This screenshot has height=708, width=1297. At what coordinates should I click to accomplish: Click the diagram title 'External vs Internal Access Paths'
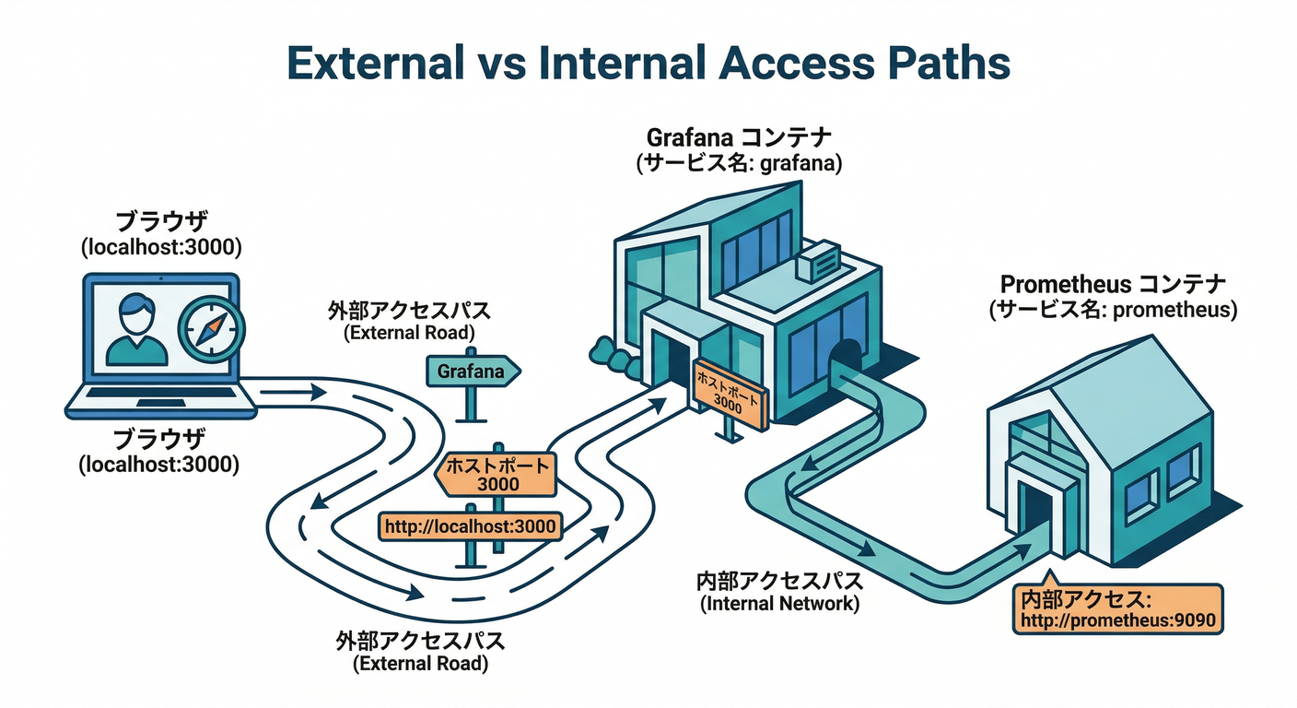coord(648,64)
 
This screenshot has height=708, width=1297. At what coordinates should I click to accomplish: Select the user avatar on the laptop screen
coord(137,329)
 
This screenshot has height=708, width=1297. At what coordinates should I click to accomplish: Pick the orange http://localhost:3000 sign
coord(470,526)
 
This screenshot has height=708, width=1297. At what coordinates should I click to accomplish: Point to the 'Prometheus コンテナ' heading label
coord(1112,284)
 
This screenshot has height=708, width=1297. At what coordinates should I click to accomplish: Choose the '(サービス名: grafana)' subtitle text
coord(739,163)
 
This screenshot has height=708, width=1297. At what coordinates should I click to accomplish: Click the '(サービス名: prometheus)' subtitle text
coord(1112,310)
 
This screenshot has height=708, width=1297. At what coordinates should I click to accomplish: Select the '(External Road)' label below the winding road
coord(420,663)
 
